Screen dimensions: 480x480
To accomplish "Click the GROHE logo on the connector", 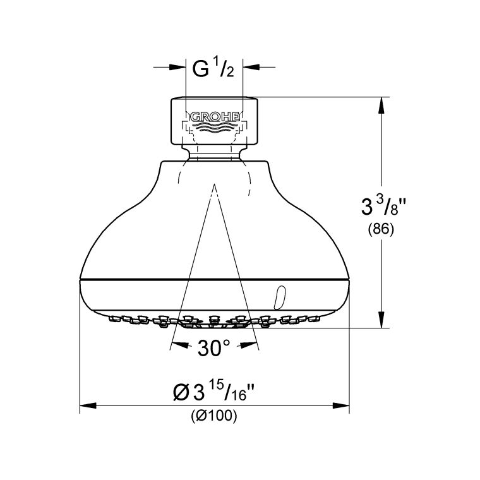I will pyautogui.click(x=213, y=116).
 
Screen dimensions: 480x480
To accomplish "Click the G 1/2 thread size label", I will pyautogui.click(x=214, y=68).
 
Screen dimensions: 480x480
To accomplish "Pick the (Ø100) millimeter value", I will pyautogui.click(x=213, y=416).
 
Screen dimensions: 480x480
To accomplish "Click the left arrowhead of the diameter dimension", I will pyautogui.click(x=87, y=405).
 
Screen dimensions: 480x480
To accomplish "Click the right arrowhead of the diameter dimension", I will pyautogui.click(x=342, y=405).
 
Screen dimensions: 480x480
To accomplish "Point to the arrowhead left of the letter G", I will pyautogui.click(x=178, y=66).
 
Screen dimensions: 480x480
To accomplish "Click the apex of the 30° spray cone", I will pyautogui.click(x=214, y=186).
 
